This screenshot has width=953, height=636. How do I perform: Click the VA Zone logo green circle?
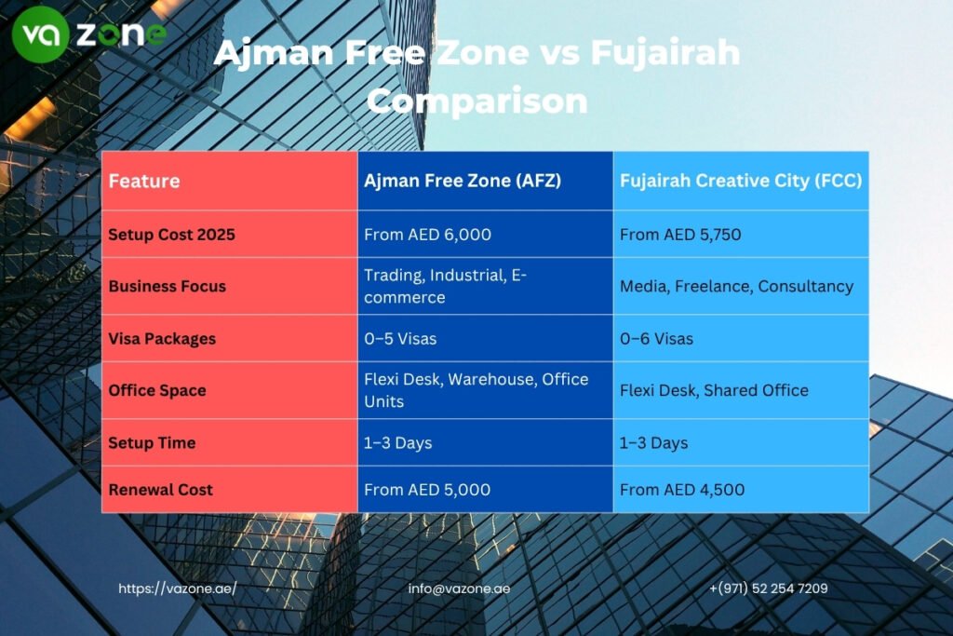40,34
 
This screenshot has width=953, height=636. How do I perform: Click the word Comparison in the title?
476,100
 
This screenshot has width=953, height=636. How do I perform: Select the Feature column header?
144,181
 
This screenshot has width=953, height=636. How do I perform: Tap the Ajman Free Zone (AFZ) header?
463,181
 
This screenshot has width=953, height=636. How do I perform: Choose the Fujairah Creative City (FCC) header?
740,181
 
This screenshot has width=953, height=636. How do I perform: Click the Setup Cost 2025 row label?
171,235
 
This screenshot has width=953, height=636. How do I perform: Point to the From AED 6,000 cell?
427,235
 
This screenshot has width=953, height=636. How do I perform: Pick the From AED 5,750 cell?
680,235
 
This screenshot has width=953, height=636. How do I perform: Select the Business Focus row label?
168,286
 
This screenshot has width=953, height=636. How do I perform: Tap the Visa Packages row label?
162,339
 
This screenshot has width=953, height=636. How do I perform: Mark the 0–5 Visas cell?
400,339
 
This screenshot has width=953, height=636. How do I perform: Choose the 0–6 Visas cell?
656,339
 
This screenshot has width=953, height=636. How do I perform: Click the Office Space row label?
158,390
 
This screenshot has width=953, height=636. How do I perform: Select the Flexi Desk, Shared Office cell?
714,390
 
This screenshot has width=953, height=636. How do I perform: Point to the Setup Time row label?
152,442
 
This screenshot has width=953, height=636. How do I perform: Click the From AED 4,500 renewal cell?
682,490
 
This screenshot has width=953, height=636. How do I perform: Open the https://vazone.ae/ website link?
177,589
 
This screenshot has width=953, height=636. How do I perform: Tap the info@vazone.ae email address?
459,589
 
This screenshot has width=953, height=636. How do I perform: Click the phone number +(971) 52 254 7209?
768,589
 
